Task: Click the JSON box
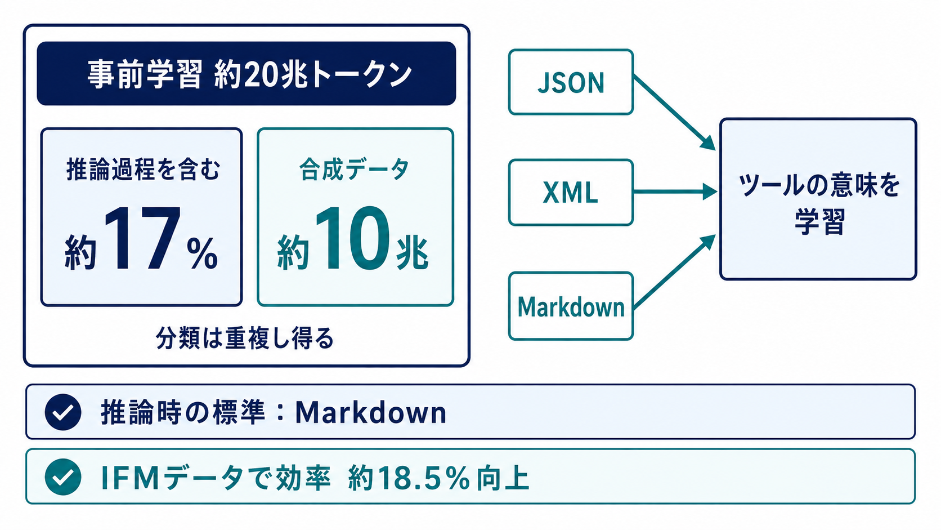point(571,82)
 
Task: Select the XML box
point(571,193)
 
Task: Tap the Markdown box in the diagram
point(571,306)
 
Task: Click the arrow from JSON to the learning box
point(675,113)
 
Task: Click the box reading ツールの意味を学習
point(818,199)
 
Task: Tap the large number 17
point(142,238)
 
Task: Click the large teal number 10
point(352,238)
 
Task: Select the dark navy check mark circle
point(63,412)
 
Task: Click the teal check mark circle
point(63,476)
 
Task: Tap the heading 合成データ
point(354,170)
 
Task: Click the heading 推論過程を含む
point(144,170)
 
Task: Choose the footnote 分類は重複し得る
point(245,338)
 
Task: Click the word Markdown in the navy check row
point(370,412)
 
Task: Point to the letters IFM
point(129,478)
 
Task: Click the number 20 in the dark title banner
point(261,74)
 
